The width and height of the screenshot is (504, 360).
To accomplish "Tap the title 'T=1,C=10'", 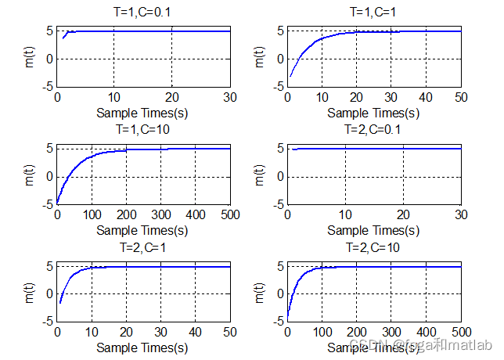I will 143,130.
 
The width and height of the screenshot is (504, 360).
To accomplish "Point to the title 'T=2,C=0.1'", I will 374,130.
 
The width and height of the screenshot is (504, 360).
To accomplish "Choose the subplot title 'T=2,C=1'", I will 143,247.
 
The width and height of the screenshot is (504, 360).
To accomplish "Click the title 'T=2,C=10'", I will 374,247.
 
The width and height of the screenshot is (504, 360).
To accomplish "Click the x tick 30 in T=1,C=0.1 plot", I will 230,97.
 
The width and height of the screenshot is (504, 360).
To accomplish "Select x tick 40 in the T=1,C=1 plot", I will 427,97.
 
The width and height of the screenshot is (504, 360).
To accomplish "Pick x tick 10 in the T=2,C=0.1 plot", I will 345,214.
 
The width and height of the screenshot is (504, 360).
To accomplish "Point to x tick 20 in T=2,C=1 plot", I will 126,332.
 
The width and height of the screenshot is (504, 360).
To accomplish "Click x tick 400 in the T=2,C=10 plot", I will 427,332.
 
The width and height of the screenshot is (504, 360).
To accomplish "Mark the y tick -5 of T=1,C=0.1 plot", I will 49,87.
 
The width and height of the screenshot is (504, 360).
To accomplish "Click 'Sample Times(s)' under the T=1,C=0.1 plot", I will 143,112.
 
